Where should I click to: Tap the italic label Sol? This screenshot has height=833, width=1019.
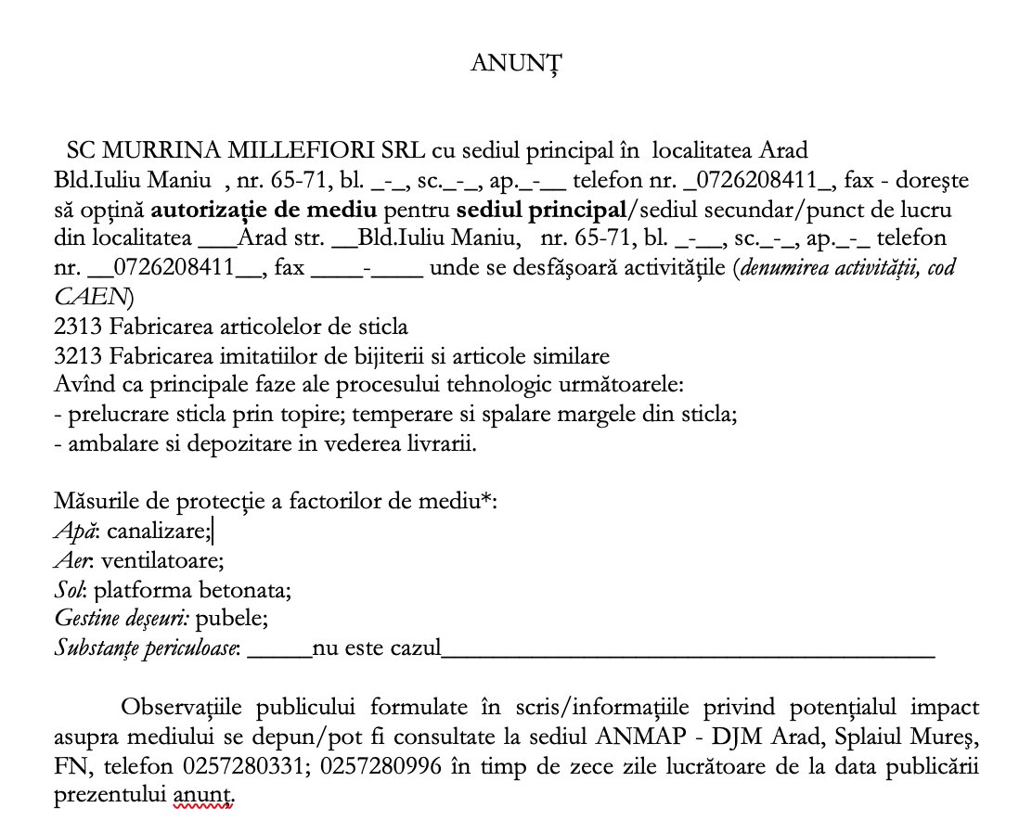[x=70, y=590]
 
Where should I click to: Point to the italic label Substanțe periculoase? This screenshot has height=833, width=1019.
[x=147, y=647]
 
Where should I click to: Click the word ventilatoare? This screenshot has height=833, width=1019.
[x=163, y=561]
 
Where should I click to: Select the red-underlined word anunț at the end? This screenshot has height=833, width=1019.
[x=201, y=797]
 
